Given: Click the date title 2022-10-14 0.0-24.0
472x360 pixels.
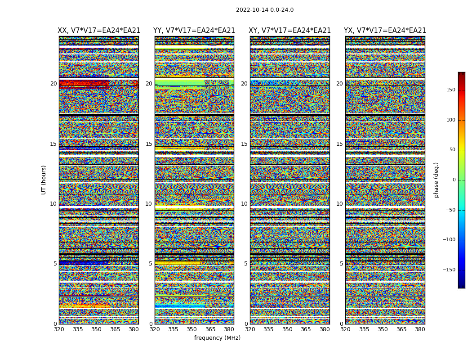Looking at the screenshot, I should (264, 10).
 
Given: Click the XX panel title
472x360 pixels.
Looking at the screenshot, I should (99, 31).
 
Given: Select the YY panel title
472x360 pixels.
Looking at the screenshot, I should (194, 31).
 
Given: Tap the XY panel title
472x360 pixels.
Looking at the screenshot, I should (290, 31).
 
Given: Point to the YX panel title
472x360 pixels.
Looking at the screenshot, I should (385, 31).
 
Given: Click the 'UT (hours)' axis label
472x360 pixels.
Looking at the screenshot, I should (44, 180).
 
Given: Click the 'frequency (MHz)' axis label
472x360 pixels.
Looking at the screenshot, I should (217, 338).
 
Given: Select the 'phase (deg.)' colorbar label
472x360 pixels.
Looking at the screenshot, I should (436, 180).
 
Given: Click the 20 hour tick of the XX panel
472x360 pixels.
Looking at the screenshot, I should (53, 84).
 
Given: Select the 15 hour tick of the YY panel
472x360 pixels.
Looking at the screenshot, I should (149, 144).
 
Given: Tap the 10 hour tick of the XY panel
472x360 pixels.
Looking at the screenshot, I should (244, 204).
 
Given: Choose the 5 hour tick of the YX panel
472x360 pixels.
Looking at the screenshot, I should (341, 264).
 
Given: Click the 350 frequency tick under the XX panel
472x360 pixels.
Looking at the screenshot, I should (96, 329).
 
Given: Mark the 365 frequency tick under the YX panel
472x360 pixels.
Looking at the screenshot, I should (401, 329).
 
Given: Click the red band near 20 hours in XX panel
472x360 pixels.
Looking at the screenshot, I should (84, 83).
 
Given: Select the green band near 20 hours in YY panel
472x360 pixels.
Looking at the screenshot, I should (180, 83).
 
